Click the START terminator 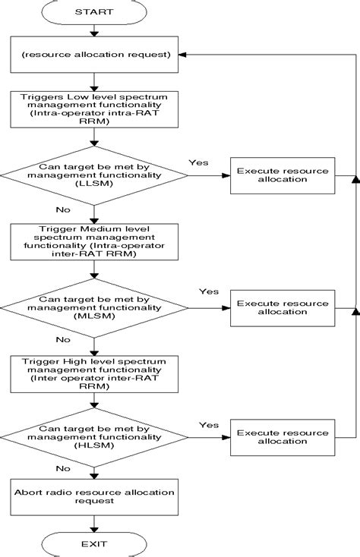94,11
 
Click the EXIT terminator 94,543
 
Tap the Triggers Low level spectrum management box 94,108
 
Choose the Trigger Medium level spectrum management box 94,242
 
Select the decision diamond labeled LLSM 94,175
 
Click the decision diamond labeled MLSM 94,308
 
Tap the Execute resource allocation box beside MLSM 282,308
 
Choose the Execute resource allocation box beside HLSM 282,438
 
